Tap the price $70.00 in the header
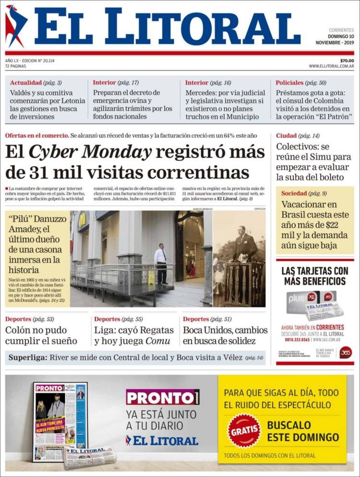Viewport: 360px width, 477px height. (347, 60)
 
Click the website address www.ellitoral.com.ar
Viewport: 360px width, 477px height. (331, 66)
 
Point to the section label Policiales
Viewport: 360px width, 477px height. (289, 83)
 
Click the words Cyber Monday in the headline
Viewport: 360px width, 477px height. (90, 152)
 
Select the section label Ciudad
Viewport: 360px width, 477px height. (286, 136)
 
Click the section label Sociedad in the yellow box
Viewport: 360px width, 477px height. (294, 193)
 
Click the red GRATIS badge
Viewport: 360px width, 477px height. (244, 431)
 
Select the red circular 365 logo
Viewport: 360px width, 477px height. (345, 352)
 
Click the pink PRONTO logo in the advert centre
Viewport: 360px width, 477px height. (162, 397)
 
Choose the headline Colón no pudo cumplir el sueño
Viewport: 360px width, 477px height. (41, 335)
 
